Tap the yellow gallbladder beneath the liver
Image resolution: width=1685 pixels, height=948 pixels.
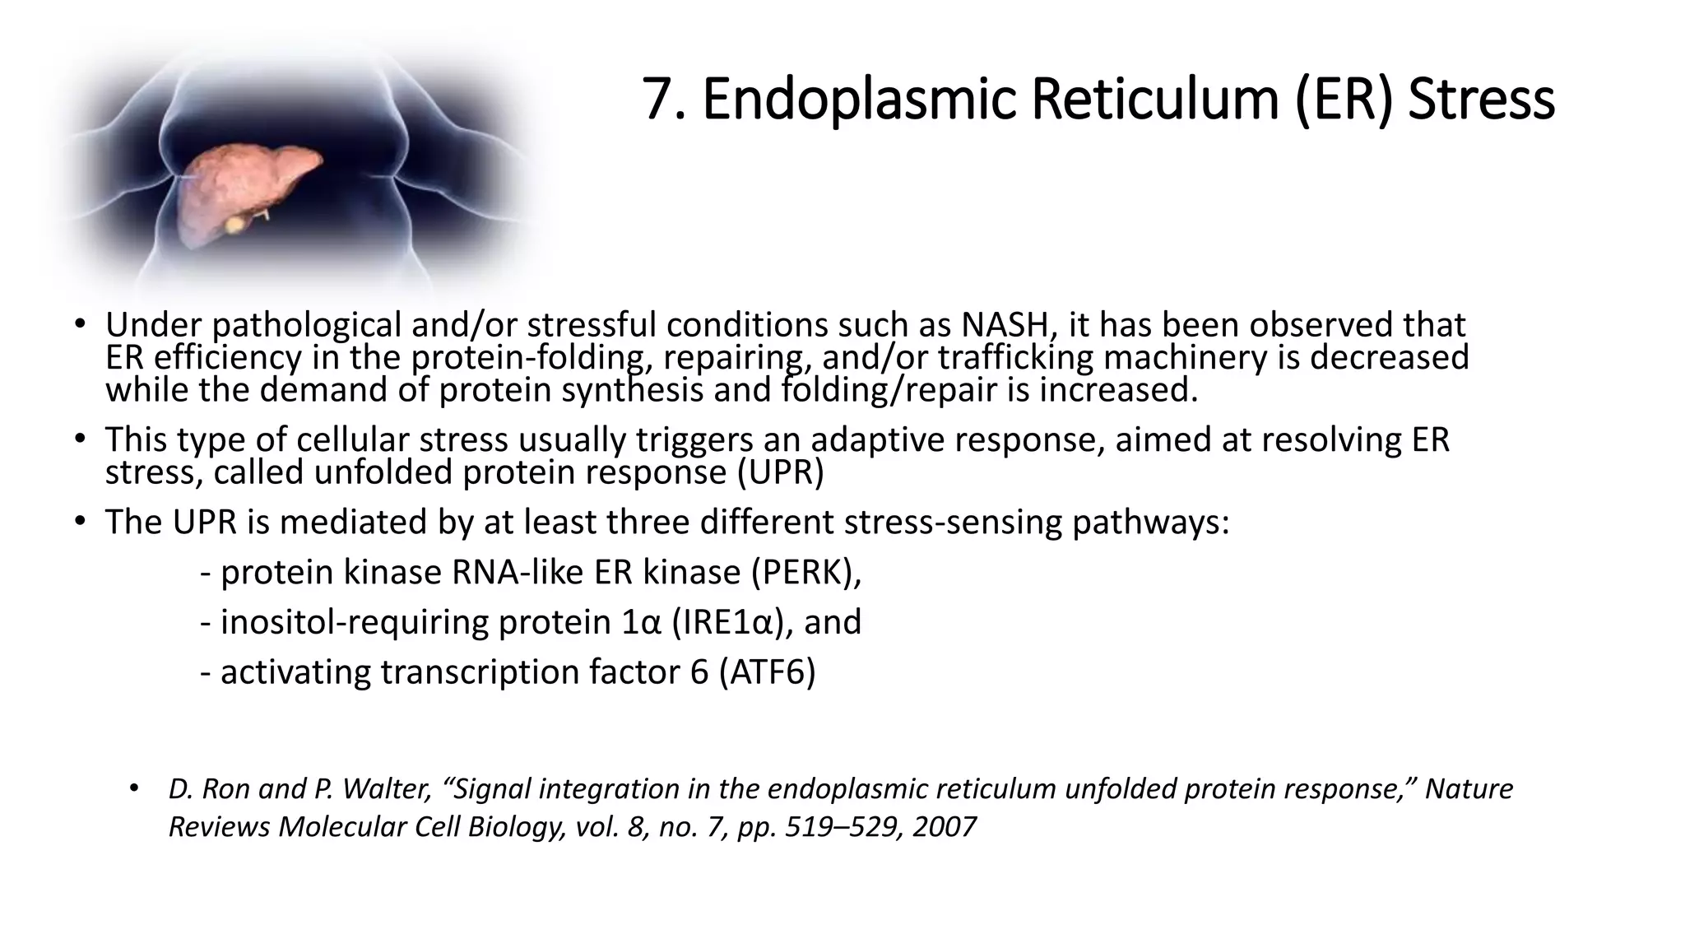click(x=237, y=223)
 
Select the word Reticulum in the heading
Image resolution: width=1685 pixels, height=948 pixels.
click(x=1154, y=100)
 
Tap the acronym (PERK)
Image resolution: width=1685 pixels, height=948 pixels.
click(x=805, y=572)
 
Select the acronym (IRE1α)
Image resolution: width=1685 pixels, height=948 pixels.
click(x=732, y=622)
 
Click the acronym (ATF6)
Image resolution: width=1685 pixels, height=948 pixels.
click(x=767, y=672)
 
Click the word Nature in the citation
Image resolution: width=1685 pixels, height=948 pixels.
click(x=1469, y=789)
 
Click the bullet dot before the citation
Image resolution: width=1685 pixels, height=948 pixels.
click(x=134, y=788)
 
